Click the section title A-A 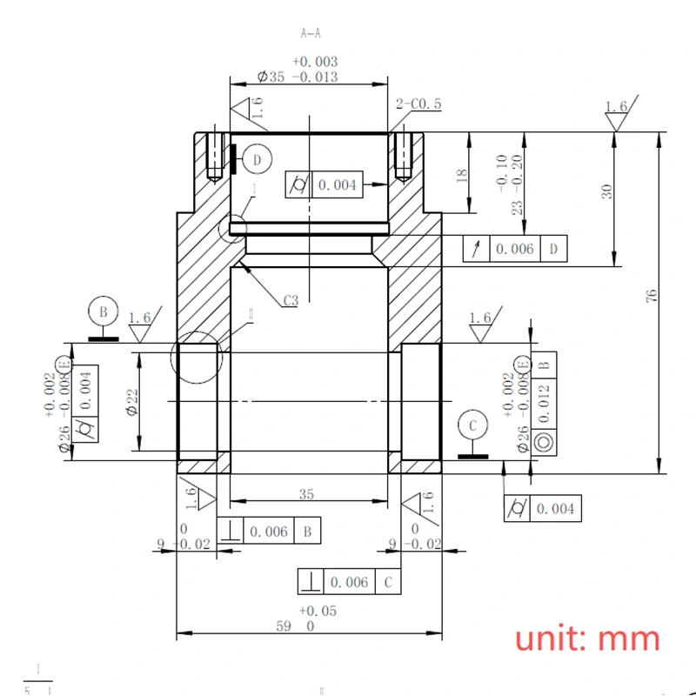pyautogui.click(x=311, y=34)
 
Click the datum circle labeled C pyautogui.click(x=473, y=425)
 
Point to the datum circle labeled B pyautogui.click(x=103, y=311)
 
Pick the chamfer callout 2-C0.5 pyautogui.click(x=418, y=104)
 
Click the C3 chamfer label pyautogui.click(x=291, y=301)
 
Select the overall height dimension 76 pyautogui.click(x=652, y=296)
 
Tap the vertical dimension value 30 pyautogui.click(x=607, y=191)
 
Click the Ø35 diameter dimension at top pyautogui.click(x=297, y=77)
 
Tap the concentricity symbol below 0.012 pyautogui.click(x=545, y=442)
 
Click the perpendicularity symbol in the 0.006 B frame pyautogui.click(x=229, y=531)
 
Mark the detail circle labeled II pyautogui.click(x=199, y=358)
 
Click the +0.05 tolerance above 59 pyautogui.click(x=317, y=611)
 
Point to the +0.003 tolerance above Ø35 pyautogui.click(x=315, y=62)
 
